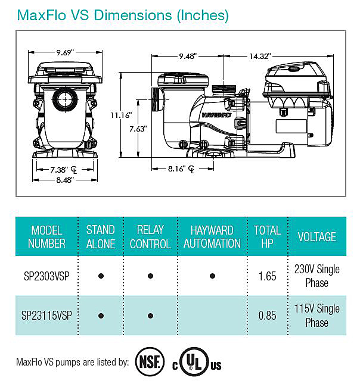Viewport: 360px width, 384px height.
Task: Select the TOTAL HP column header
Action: coord(267,236)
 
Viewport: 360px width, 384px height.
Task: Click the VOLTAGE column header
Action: coord(316,236)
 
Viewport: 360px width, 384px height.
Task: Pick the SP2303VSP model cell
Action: coord(47,276)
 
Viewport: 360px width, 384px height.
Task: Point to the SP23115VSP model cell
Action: coord(47,316)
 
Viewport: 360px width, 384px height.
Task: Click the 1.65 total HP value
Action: coord(267,276)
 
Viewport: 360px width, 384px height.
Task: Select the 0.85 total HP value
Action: coord(267,316)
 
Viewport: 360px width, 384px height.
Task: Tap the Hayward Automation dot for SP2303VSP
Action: coord(212,276)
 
